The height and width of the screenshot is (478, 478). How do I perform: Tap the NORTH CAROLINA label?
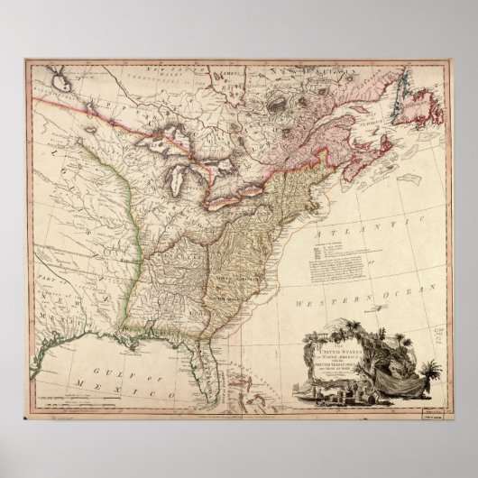point(236,276)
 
